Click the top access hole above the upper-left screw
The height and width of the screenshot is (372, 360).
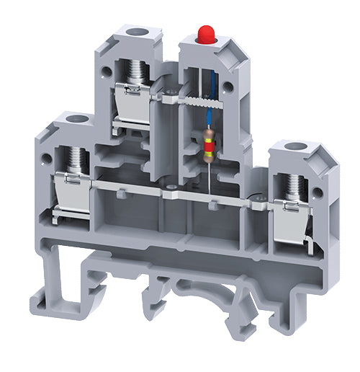pyautogui.click(x=133, y=32)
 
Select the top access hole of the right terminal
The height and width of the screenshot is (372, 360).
pyautogui.click(x=292, y=149)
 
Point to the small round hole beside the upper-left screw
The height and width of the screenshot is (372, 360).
pyautogui.click(x=107, y=70)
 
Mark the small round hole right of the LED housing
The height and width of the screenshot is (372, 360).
pyautogui.click(x=228, y=86)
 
